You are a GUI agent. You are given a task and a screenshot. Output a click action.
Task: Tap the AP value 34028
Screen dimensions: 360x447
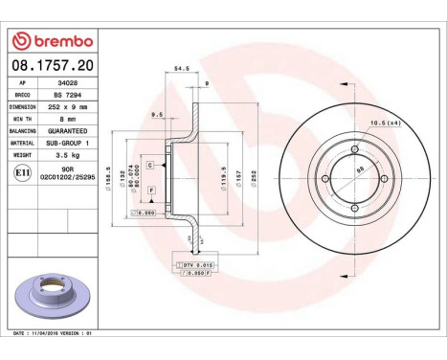click(61, 83)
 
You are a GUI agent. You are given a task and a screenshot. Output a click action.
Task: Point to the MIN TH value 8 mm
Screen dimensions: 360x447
click(61, 119)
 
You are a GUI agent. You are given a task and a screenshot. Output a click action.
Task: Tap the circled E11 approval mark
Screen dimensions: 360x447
click(22, 172)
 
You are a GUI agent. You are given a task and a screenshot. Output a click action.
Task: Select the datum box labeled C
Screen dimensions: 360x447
click(150, 166)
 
